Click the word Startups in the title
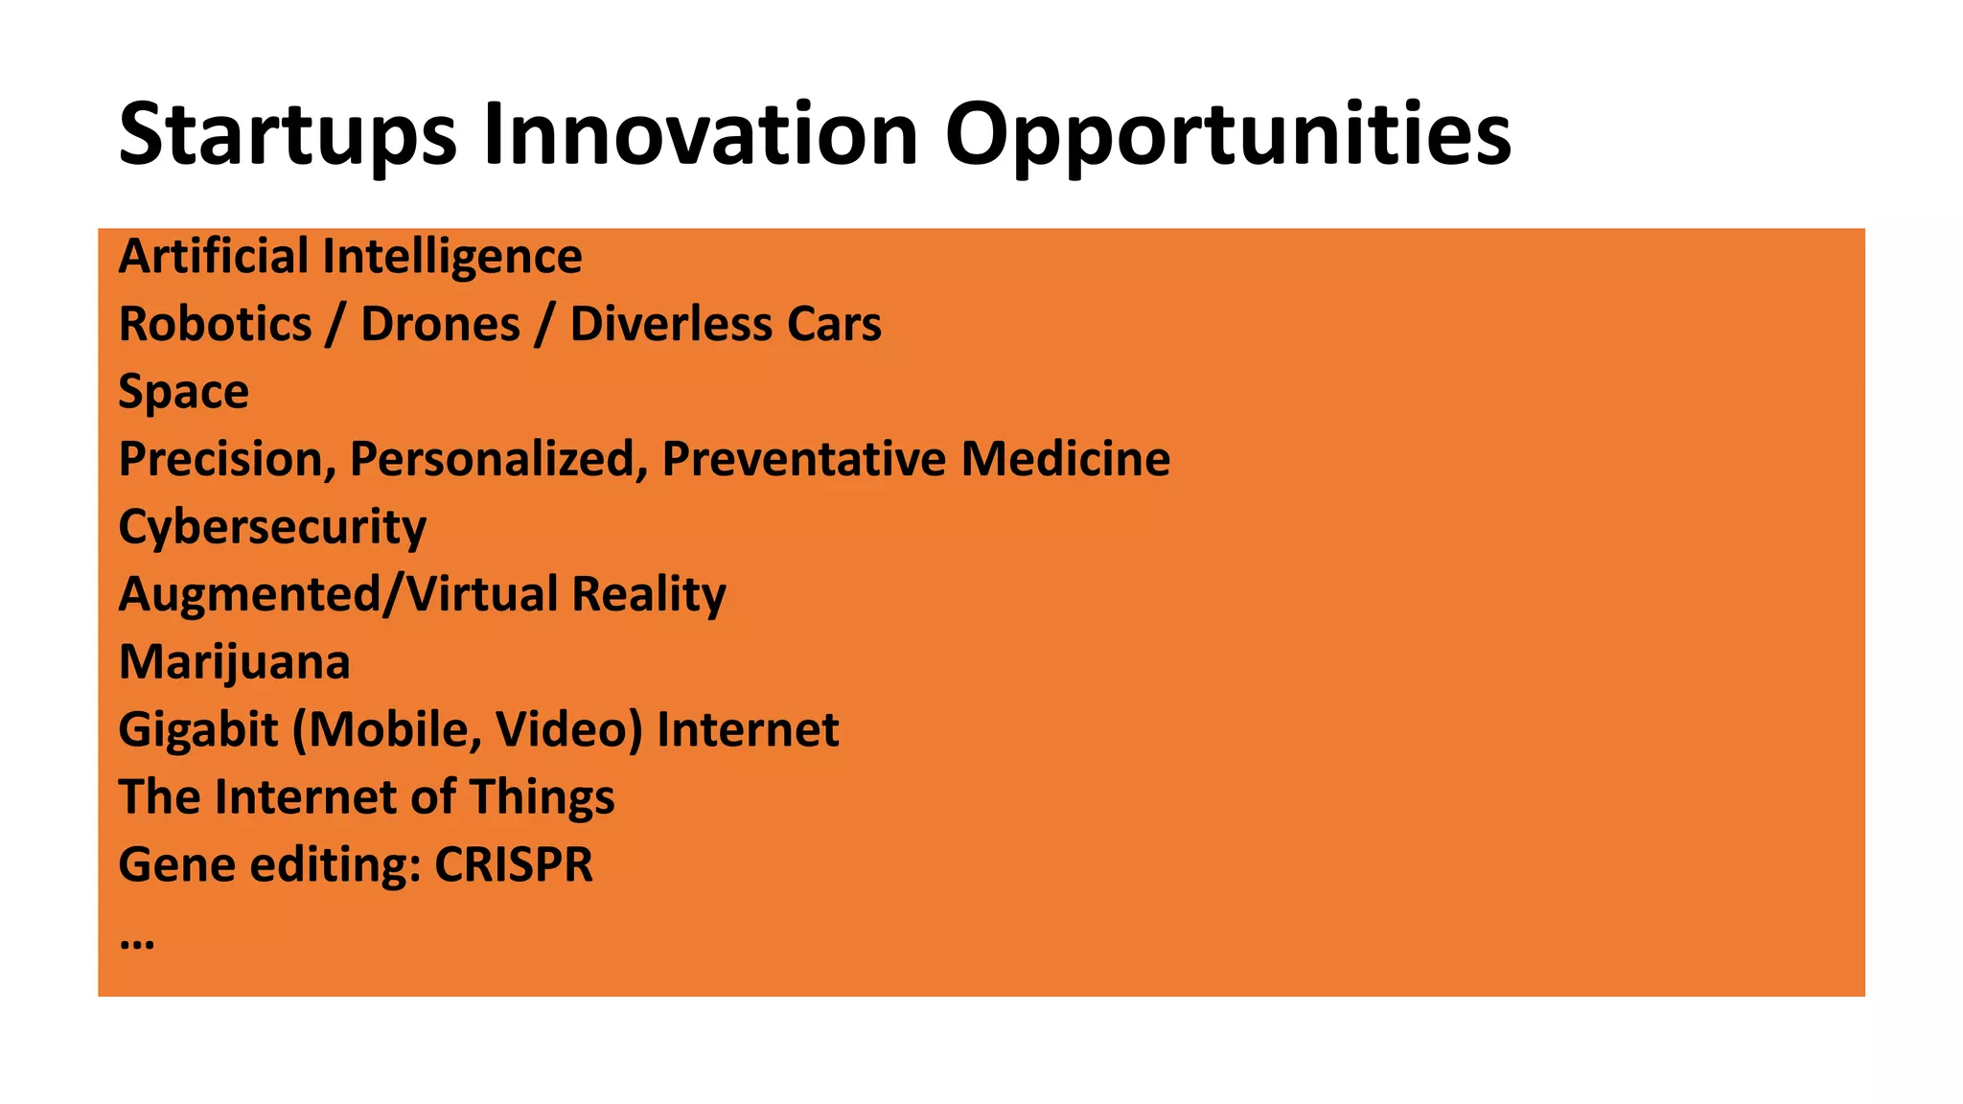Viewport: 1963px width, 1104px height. click(288, 135)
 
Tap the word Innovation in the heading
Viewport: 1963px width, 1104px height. click(701, 135)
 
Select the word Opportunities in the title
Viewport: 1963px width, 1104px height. click(1228, 135)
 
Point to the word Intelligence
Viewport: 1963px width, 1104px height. click(451, 257)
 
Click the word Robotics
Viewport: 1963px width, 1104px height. click(215, 325)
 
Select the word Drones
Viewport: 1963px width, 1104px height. click(440, 325)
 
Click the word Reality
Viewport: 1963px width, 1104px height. click(648, 595)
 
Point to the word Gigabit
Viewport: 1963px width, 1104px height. click(197, 730)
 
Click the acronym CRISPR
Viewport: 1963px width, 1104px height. click(514, 865)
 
